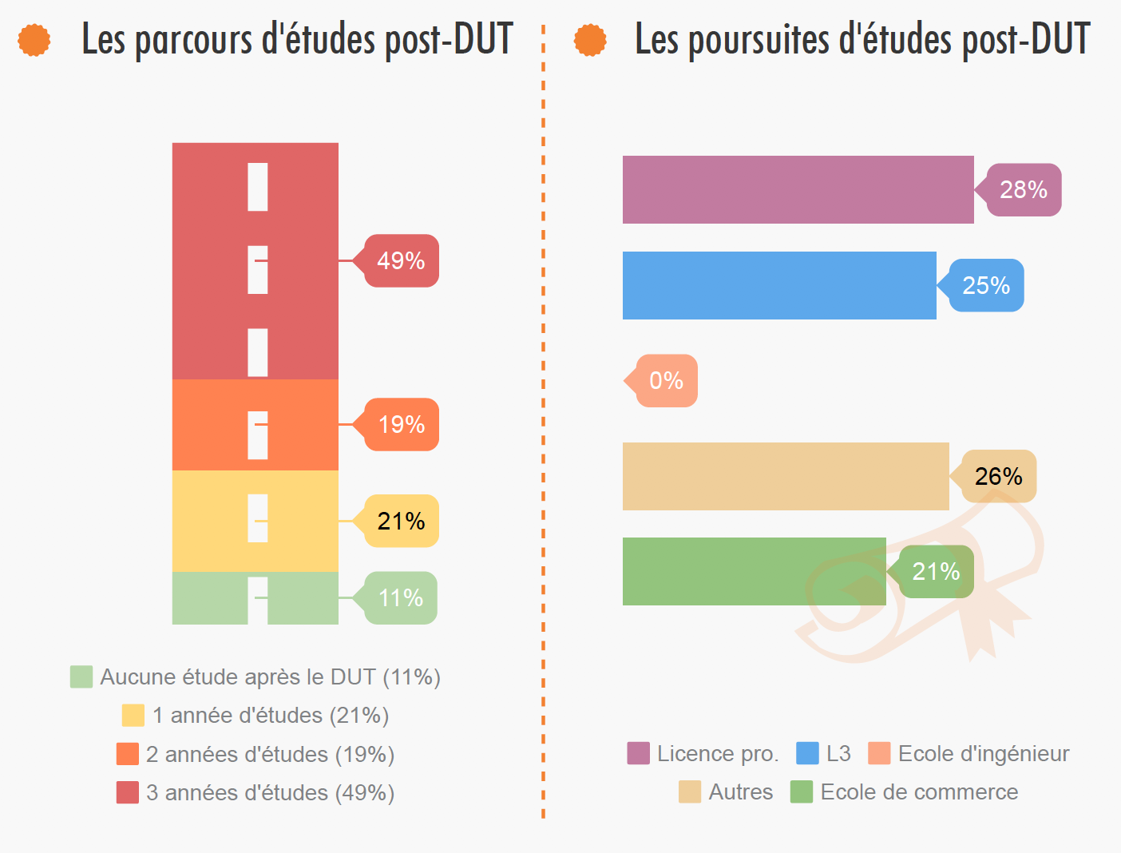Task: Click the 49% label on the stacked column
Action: click(401, 261)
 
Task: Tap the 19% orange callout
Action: click(401, 424)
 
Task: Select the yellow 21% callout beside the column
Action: click(401, 521)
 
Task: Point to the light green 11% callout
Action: click(400, 597)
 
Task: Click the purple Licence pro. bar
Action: click(798, 190)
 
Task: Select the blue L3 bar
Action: click(779, 286)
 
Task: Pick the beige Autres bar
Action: click(786, 476)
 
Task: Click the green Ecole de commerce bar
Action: click(754, 572)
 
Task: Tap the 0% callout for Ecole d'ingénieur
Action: click(666, 381)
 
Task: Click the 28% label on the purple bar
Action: click(1024, 190)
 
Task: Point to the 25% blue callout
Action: click(986, 286)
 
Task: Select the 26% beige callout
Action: click(999, 477)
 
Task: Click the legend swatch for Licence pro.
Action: click(638, 753)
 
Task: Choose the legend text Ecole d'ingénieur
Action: click(983, 753)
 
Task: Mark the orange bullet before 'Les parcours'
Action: click(34, 40)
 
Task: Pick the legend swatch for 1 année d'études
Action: click(133, 715)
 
